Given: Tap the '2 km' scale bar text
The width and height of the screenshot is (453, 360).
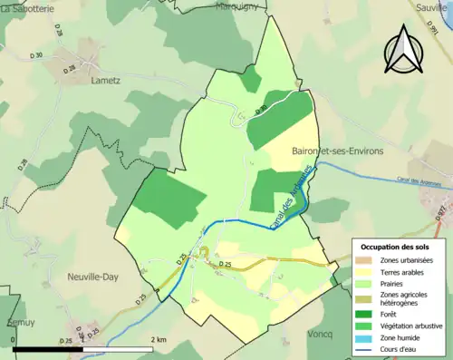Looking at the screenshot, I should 159,339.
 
